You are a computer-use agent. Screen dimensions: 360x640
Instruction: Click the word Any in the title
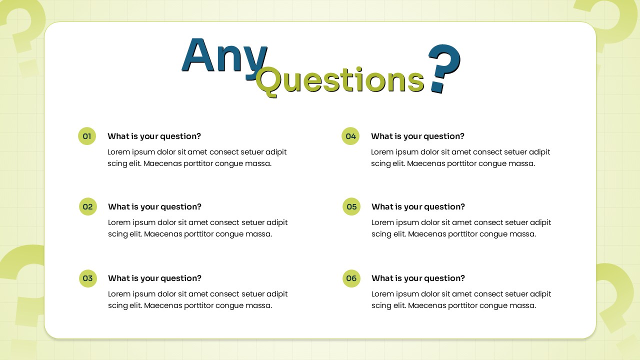point(223,56)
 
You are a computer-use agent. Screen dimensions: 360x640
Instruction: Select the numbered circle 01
point(87,136)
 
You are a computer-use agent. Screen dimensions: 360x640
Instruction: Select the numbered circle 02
point(88,206)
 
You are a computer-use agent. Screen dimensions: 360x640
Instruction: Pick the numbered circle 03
point(88,278)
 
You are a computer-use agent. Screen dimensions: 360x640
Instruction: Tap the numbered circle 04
point(350,136)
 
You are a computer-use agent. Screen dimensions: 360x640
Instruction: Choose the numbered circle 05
point(351,206)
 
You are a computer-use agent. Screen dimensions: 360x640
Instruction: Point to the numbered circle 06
point(351,278)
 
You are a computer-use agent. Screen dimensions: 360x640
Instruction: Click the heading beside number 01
point(154,136)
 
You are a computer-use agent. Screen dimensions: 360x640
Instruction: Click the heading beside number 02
point(154,206)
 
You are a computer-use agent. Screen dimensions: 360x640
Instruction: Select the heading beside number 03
point(154,278)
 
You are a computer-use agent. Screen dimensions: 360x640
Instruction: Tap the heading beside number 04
point(417,136)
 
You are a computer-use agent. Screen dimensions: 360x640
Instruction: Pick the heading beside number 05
point(418,206)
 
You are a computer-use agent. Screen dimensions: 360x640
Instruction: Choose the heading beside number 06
point(418,278)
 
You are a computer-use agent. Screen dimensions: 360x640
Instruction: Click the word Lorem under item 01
point(118,152)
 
